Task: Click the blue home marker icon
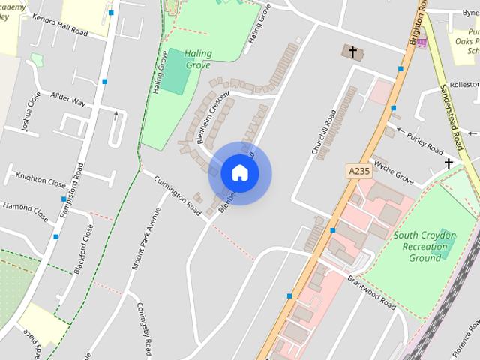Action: (239, 173)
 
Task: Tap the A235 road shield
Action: (359, 171)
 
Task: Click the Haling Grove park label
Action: (196, 58)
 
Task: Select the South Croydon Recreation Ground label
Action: (424, 246)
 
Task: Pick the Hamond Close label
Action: (24, 211)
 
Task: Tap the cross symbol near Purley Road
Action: (449, 164)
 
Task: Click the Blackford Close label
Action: (82, 248)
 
